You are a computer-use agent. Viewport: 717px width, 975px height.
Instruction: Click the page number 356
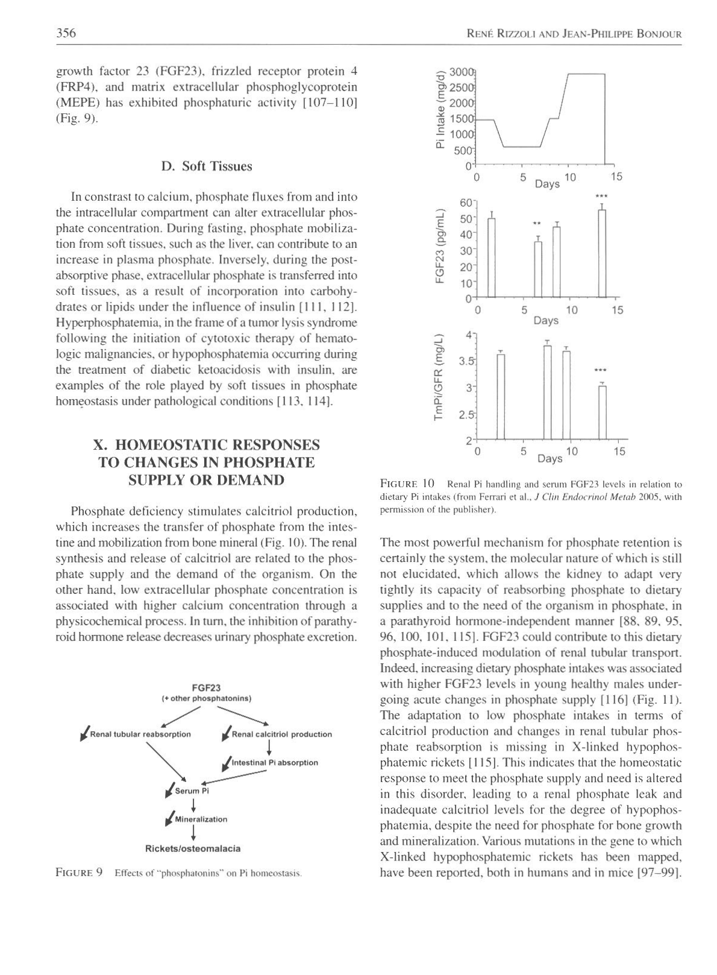click(66, 33)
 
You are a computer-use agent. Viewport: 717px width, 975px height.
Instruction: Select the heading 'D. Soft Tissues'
click(207, 166)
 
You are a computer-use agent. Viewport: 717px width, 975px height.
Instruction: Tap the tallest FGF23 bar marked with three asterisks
click(601, 253)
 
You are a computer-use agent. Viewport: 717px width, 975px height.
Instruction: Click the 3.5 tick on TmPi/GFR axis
click(466, 362)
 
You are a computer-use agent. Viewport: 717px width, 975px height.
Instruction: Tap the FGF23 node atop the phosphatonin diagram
click(206, 687)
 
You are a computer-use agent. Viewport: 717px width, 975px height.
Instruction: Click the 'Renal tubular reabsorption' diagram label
click(140, 734)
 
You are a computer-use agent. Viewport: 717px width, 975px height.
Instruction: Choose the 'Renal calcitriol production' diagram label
click(281, 734)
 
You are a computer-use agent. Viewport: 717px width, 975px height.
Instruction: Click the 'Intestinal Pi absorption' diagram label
click(275, 762)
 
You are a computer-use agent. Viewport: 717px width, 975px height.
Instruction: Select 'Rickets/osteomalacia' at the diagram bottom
click(193, 848)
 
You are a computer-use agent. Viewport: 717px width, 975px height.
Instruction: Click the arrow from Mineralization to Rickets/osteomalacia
click(193, 832)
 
